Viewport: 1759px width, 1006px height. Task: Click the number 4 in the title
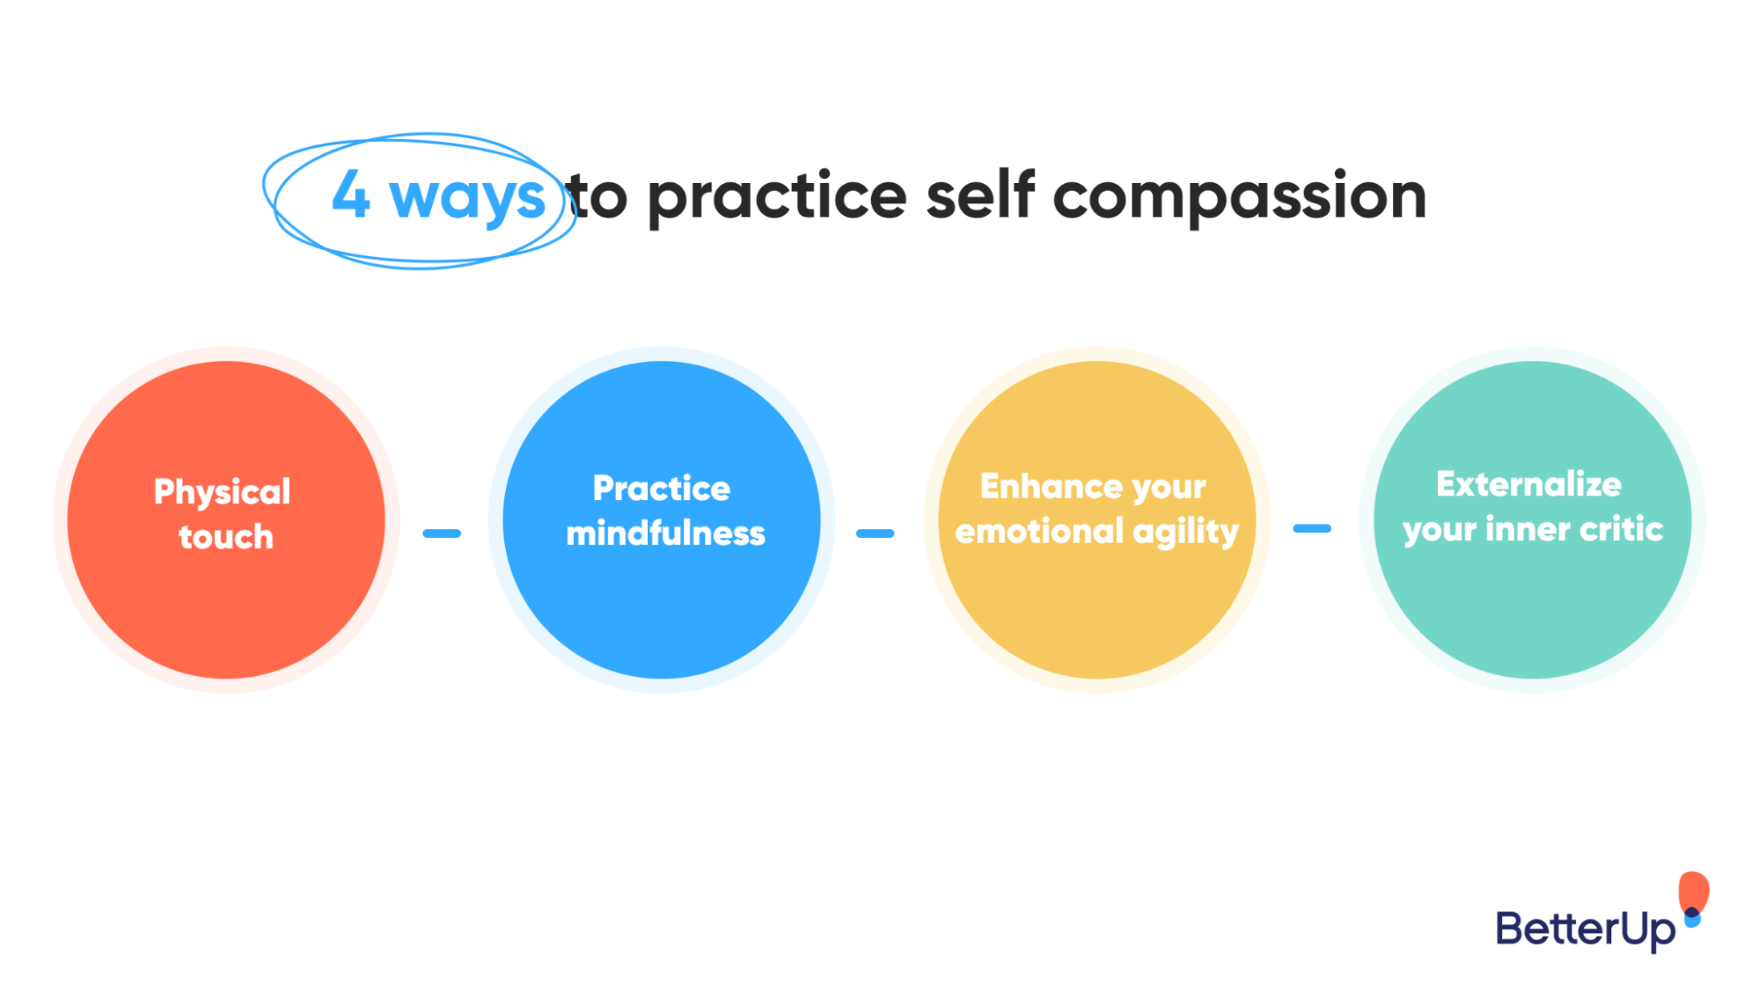point(350,195)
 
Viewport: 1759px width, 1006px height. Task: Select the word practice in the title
point(777,197)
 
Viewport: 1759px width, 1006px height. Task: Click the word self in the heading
point(979,195)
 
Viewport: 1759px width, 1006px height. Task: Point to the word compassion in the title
point(1239,197)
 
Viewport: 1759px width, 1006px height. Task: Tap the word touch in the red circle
point(226,537)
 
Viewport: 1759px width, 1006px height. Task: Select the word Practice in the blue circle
point(662,488)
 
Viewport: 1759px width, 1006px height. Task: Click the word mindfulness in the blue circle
point(665,533)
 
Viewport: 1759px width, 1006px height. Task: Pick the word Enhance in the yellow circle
point(1044,486)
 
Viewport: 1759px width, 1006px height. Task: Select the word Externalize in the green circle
point(1528,484)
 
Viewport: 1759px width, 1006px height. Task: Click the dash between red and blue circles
point(442,533)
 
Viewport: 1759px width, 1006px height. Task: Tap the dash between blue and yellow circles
point(875,533)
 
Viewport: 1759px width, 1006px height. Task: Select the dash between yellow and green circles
point(1311,529)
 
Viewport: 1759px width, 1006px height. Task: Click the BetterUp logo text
point(1585,929)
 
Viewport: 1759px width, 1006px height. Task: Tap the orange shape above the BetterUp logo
point(1693,892)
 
